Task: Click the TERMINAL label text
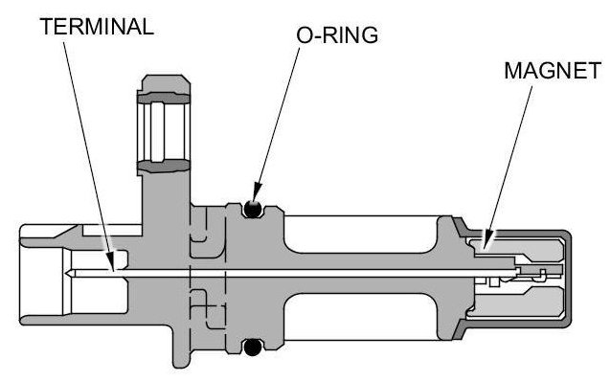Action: [97, 27]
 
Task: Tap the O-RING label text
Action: [337, 35]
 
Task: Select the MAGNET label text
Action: [553, 71]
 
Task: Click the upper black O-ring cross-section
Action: [253, 210]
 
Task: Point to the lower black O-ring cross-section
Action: [253, 347]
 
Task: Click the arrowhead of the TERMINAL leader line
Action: [110, 261]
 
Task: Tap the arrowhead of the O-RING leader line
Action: [256, 193]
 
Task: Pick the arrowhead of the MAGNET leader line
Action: [486, 239]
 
